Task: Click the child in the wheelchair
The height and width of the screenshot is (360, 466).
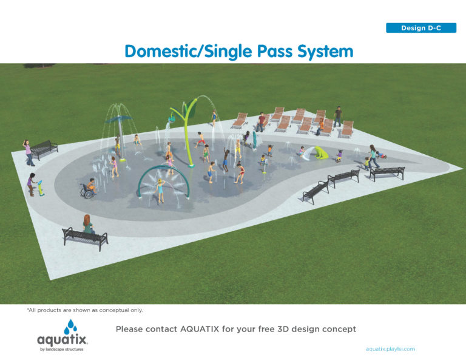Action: (x=89, y=189)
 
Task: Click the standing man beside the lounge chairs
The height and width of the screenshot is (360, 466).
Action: (x=338, y=117)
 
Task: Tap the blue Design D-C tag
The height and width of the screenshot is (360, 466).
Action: (x=420, y=28)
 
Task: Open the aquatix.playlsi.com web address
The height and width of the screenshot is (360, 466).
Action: (x=390, y=349)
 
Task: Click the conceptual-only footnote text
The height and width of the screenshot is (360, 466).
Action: (x=85, y=310)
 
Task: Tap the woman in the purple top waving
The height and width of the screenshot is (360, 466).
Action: (x=27, y=152)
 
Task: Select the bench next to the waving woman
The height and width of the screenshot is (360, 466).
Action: (x=44, y=149)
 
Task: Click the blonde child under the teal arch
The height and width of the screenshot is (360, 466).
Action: (x=161, y=189)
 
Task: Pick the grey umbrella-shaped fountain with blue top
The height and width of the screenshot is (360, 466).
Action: (x=119, y=131)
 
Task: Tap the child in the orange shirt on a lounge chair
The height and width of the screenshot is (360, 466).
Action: (x=320, y=126)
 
